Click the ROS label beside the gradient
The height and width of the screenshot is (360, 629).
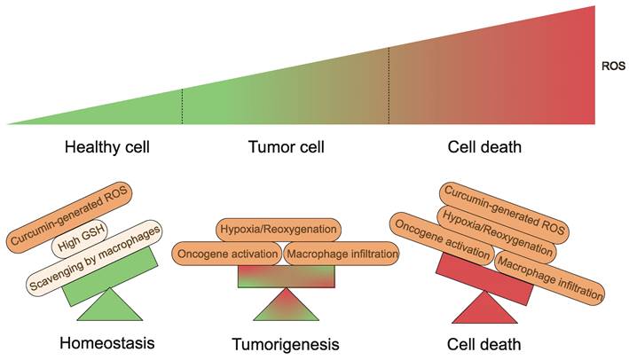(611, 66)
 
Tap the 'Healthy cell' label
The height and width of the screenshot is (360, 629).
(106, 147)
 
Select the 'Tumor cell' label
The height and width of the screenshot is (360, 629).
(285, 147)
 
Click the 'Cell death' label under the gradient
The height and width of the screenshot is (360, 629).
(484, 147)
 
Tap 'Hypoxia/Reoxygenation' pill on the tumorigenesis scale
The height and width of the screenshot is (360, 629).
(278, 230)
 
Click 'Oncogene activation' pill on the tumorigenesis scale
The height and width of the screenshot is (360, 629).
(226, 254)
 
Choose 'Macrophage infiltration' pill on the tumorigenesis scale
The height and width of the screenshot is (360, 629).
(342, 254)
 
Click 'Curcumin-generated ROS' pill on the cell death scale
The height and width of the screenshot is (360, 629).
(503, 207)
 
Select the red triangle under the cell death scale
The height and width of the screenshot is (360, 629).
(484, 309)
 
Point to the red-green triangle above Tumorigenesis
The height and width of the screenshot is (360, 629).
(286, 306)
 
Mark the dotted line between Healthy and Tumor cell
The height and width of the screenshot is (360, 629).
(183, 106)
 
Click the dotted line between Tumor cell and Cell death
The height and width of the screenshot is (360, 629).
(389, 85)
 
